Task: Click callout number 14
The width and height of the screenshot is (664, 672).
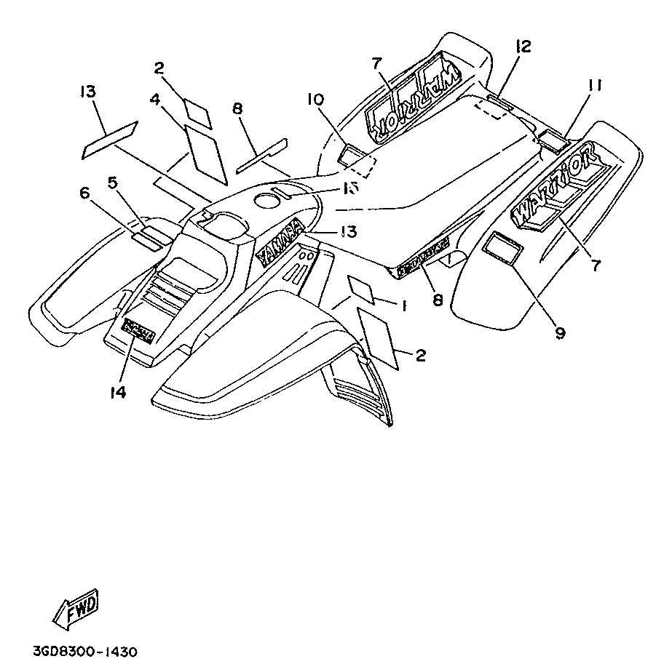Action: point(118,393)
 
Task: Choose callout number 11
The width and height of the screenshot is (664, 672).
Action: point(595,86)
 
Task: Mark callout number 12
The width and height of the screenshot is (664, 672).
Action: point(522,47)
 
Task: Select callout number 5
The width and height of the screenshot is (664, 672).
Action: point(113,183)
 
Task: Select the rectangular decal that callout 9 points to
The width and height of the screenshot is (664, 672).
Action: point(502,247)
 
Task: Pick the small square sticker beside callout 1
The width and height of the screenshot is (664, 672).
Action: point(362,288)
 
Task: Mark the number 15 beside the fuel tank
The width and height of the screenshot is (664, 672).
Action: point(349,188)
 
